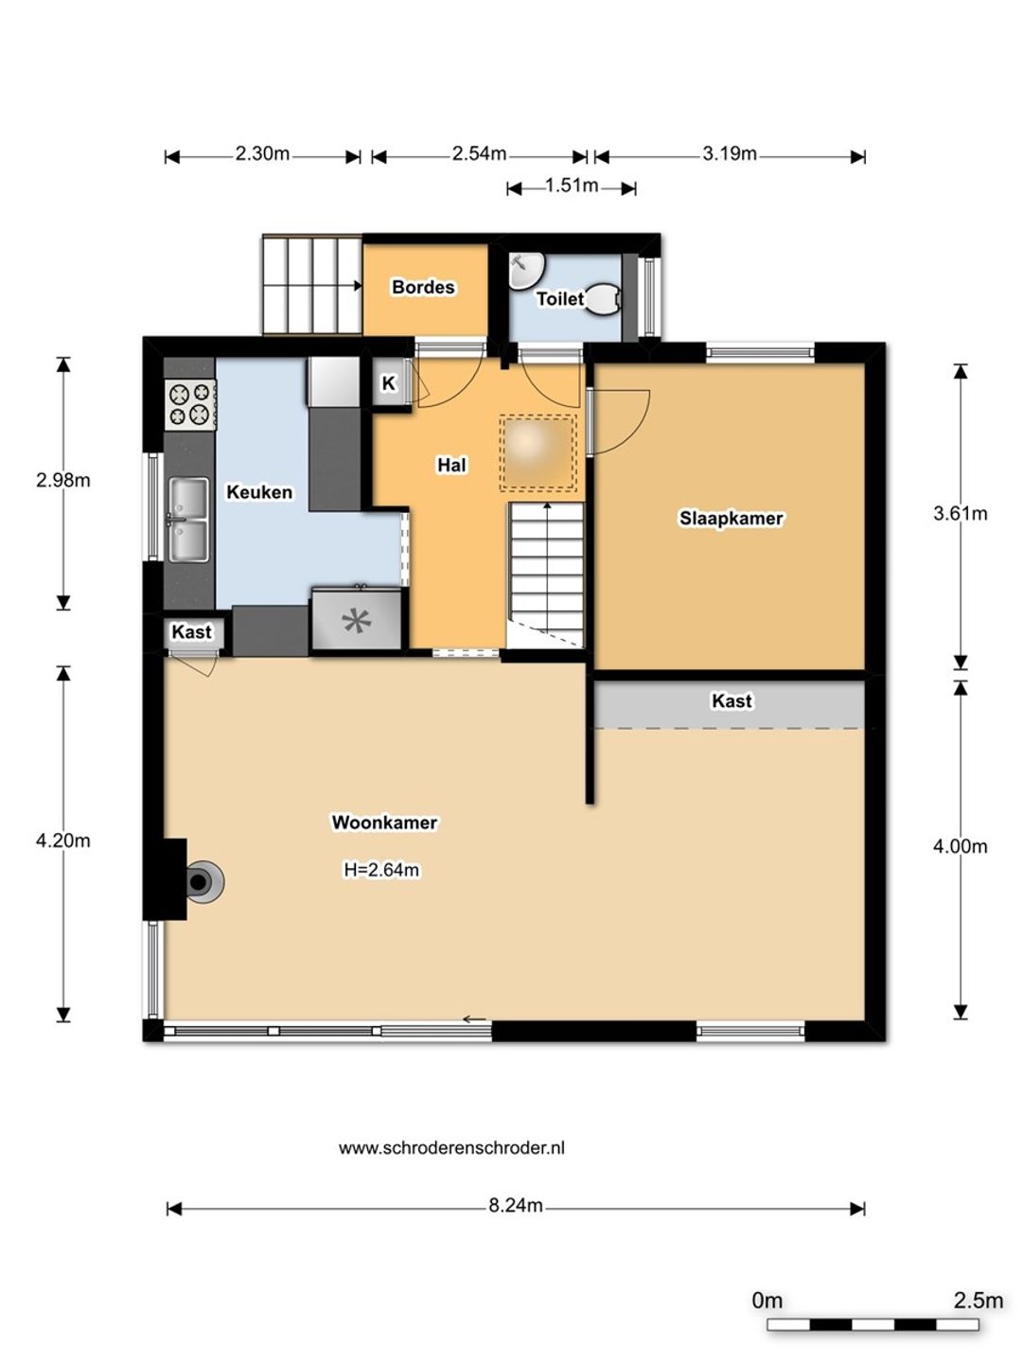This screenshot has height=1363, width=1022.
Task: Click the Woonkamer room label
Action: point(385,823)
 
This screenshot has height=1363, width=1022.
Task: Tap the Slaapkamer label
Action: point(731,518)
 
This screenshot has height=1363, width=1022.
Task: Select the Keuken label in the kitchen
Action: point(259,492)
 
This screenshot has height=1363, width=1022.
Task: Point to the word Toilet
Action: point(560,299)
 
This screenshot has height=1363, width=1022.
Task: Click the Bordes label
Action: point(423,287)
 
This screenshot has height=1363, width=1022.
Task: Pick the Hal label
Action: point(451,465)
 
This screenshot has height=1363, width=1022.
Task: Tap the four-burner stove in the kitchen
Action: point(190,403)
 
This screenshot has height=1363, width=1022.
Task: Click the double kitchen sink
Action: point(188,520)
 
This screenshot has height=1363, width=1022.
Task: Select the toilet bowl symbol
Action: point(602,299)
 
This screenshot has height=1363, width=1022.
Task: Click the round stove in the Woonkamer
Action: point(203,881)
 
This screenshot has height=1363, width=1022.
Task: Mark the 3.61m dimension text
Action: point(960,514)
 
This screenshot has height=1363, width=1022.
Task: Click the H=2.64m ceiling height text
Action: point(381,870)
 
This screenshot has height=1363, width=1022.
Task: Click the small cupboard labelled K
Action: point(388,383)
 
